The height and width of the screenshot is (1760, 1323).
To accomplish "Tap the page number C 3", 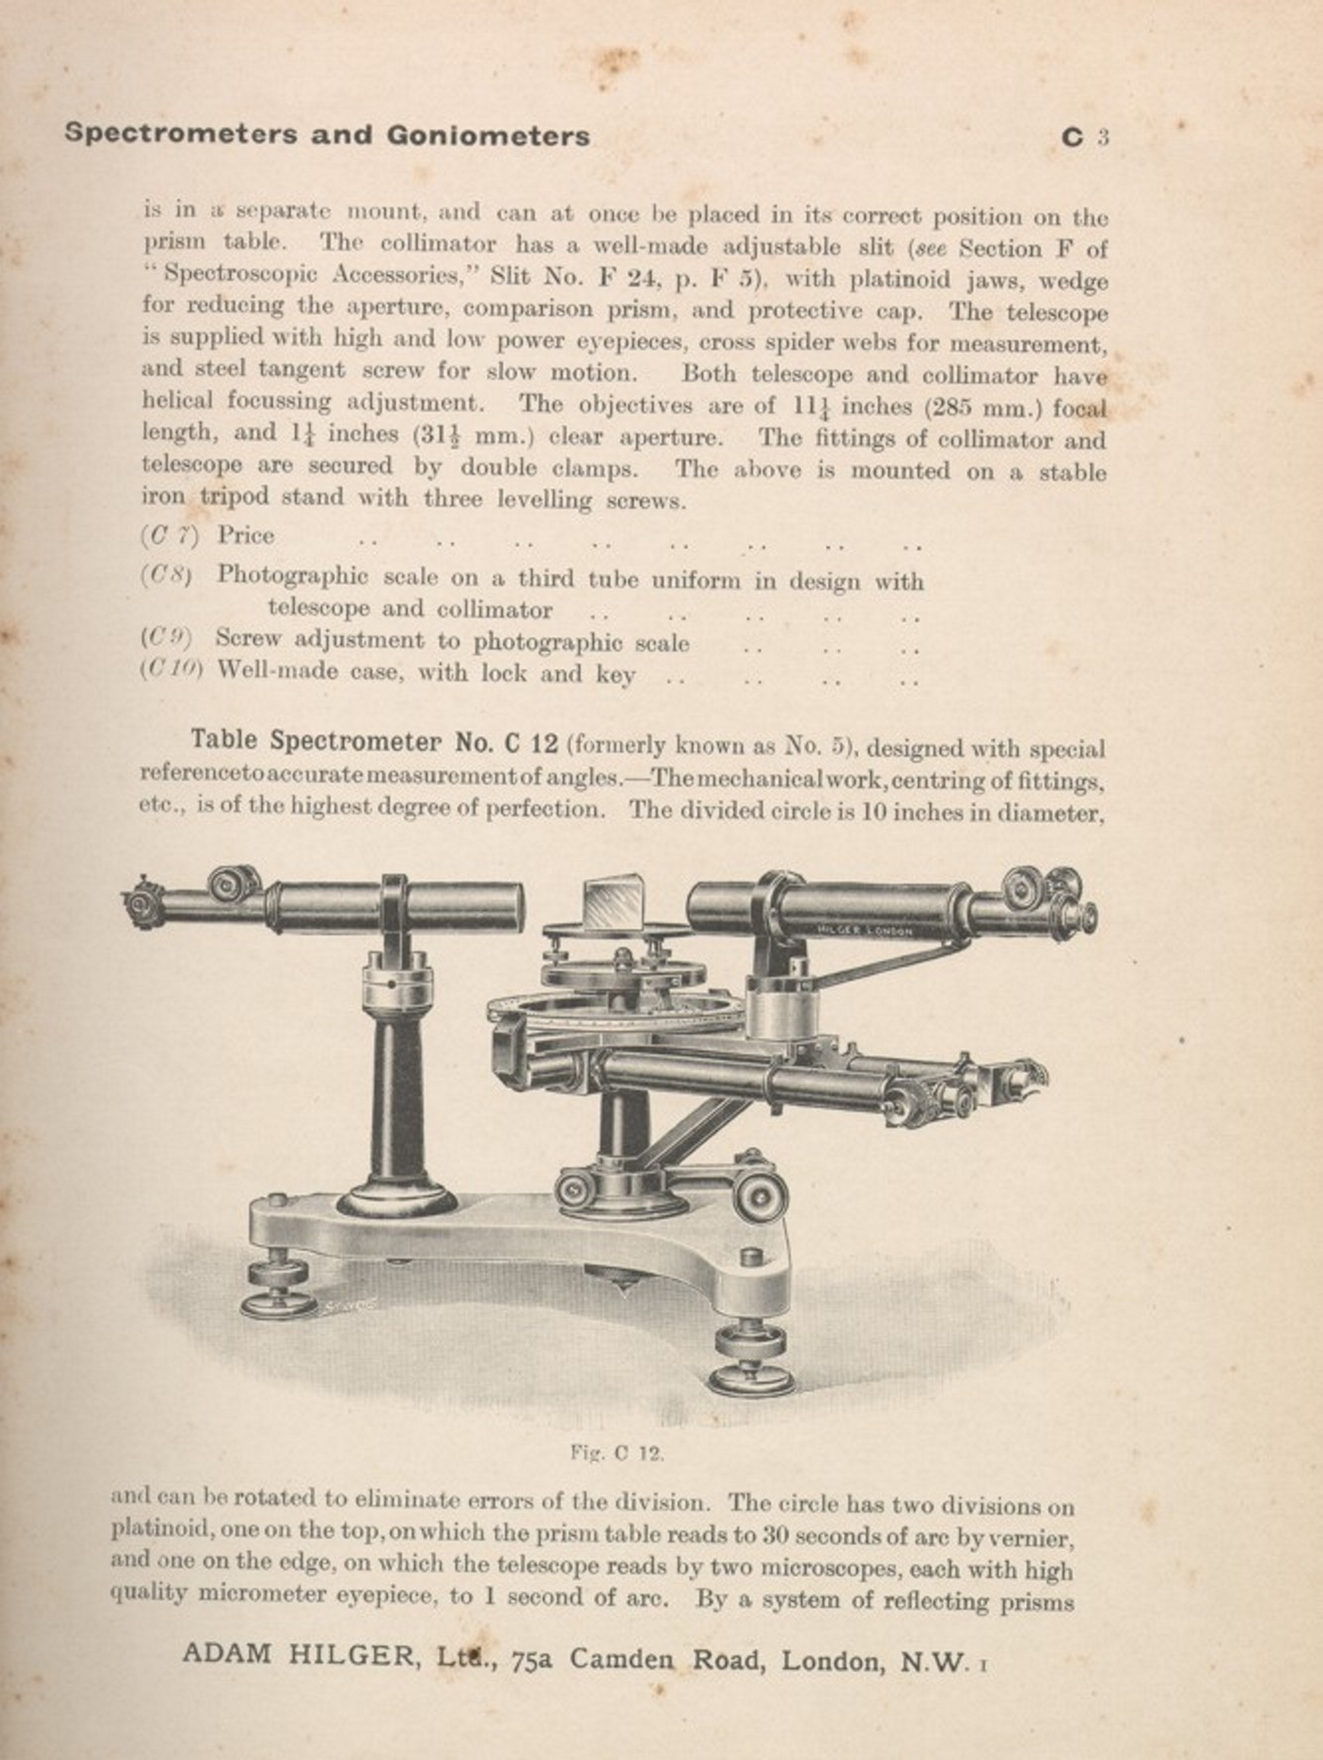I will click(1084, 137).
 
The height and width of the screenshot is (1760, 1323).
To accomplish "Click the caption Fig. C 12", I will click(616, 1453).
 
